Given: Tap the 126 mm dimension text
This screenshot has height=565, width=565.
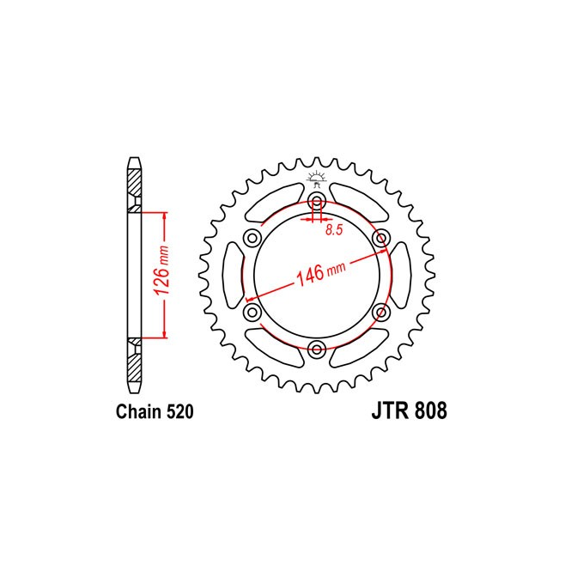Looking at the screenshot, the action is [x=161, y=270].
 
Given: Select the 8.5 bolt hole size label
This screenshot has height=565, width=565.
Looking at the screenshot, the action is [x=334, y=230].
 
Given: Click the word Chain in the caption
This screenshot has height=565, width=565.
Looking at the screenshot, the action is [x=139, y=412].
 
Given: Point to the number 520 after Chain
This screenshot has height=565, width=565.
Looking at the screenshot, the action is [x=180, y=412].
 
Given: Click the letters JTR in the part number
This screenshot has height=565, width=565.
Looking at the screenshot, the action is [x=392, y=410].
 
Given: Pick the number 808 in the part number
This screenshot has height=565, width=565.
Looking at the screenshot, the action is [x=431, y=410].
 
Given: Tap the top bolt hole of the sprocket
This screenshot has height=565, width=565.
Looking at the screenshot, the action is [x=317, y=200].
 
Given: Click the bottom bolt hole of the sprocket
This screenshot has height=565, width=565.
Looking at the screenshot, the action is [x=317, y=349].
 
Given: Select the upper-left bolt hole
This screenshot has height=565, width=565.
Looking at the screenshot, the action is [x=252, y=238].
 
